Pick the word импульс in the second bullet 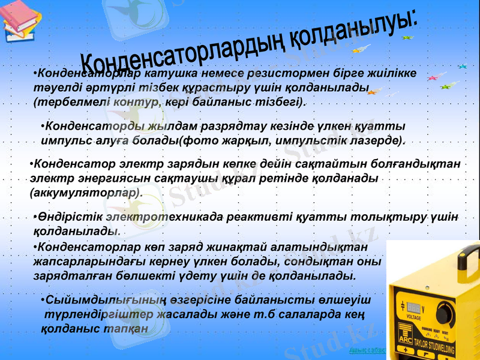(64, 141)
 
